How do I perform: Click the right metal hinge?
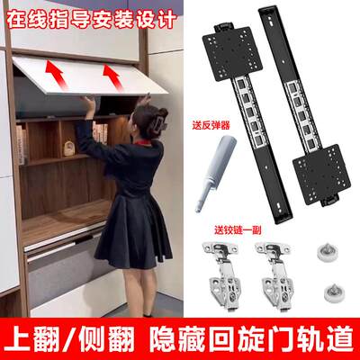point(269,275)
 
